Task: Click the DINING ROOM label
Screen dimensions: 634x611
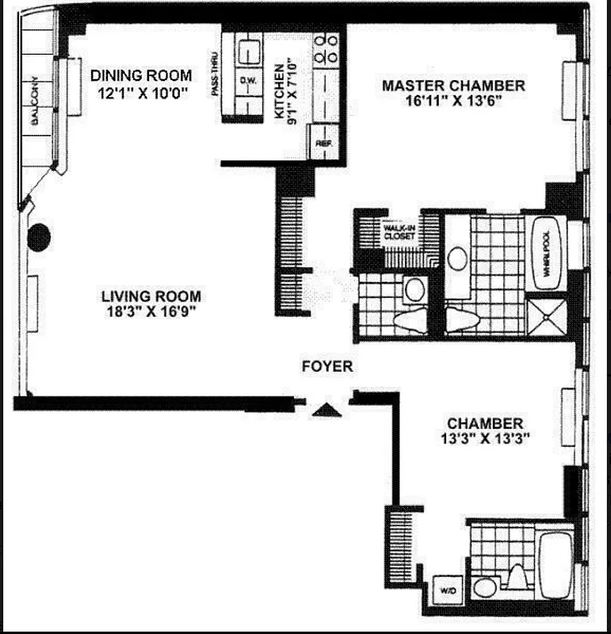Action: click(x=140, y=75)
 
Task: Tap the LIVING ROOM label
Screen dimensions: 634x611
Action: click(x=151, y=296)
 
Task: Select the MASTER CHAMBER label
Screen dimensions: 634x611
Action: click(x=453, y=86)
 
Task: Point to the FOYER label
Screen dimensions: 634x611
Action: click(x=327, y=367)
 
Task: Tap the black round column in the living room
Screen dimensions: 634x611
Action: click(x=40, y=238)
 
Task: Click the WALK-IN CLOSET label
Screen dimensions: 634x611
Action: click(x=399, y=231)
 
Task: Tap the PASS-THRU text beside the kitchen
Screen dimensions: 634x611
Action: click(x=216, y=76)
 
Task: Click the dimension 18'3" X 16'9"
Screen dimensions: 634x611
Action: click(x=151, y=311)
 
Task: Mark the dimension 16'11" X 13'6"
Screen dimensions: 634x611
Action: click(x=453, y=101)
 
